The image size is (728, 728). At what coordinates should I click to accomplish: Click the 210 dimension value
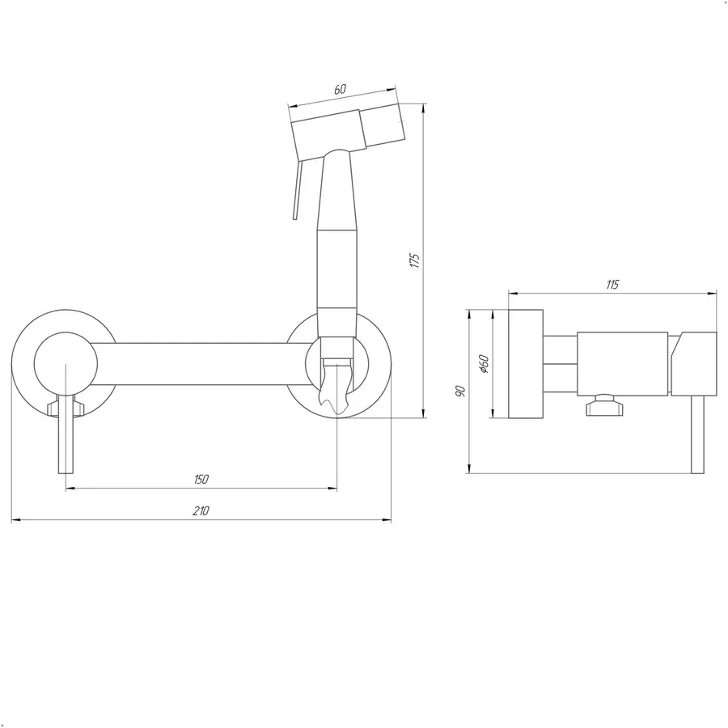[x=201, y=510]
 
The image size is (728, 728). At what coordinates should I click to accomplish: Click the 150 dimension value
[x=201, y=479]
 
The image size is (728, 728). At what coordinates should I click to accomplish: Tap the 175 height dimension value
[x=415, y=260]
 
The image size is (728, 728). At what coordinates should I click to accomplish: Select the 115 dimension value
[x=612, y=285]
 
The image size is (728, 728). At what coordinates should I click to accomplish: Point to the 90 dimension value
[x=460, y=391]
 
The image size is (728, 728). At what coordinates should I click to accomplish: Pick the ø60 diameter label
[x=484, y=364]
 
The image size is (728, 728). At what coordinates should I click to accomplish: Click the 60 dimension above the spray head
[x=341, y=89]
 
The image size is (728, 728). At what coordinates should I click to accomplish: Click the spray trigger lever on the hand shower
[x=297, y=190]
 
